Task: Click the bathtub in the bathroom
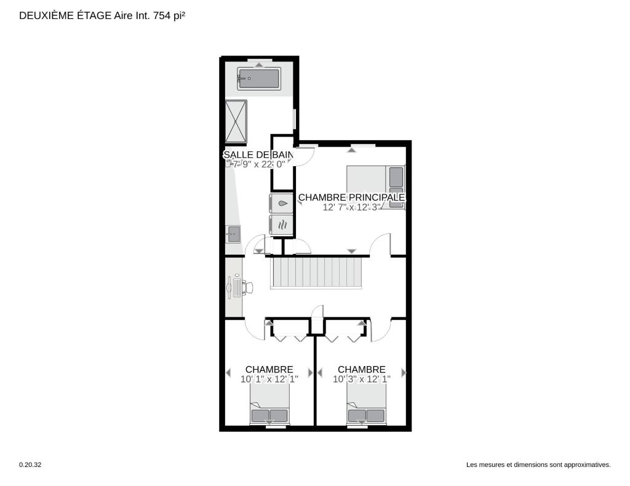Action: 259,79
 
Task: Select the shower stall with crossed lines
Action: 236,121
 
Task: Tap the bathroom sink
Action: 233,234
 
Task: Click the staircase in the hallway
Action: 316,273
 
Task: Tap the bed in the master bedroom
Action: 376,187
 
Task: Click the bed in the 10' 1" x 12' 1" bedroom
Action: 269,404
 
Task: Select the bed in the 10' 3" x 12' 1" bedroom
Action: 366,404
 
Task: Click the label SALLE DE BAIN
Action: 259,154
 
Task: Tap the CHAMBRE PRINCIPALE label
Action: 351,197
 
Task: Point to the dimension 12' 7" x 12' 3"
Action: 351,207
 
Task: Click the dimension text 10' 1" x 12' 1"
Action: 269,379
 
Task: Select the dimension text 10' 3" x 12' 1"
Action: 362,379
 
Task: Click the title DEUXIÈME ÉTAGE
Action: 65,15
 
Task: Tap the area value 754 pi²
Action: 169,15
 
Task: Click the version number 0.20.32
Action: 30,464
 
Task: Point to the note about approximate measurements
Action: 538,464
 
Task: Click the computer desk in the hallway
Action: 236,286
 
